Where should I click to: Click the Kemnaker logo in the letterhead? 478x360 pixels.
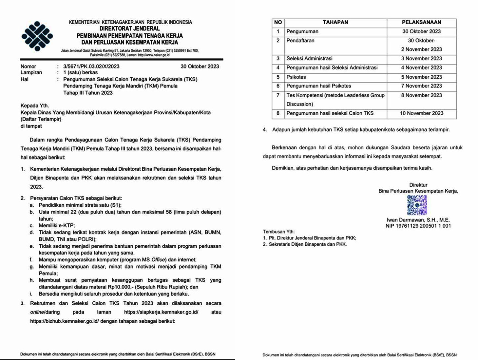pyautogui.click(x=37, y=36)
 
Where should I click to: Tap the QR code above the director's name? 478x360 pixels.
pyautogui.click(x=417, y=205)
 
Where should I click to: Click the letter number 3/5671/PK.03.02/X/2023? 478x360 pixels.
pyautogui.click(x=91, y=66)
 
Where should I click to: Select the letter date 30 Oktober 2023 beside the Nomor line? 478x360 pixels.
pyautogui.click(x=200, y=66)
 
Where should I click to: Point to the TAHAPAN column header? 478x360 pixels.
pyautogui.click(x=335, y=22)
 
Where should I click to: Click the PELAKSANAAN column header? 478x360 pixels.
pyautogui.click(x=421, y=22)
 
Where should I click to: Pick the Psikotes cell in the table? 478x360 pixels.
pyautogui.click(x=296, y=77)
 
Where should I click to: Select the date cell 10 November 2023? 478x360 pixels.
pyautogui.click(x=421, y=113)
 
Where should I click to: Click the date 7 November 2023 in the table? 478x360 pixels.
pyautogui.click(x=421, y=86)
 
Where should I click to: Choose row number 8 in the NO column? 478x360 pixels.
pyautogui.click(x=278, y=113)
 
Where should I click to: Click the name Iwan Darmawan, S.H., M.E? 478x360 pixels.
pyautogui.click(x=418, y=220)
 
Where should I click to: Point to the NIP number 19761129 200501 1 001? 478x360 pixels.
pyautogui.click(x=418, y=226)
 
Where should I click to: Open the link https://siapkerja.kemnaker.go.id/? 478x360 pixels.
pyautogui.click(x=161, y=312)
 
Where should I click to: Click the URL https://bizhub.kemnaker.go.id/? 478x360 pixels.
pyautogui.click(x=65, y=321)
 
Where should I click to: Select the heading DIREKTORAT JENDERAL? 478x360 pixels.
pyautogui.click(x=130, y=29)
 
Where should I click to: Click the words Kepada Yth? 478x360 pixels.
pyautogui.click(x=34, y=106)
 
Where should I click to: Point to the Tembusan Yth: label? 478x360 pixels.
pyautogui.click(x=278, y=232)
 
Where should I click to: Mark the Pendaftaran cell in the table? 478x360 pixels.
pyautogui.click(x=300, y=41)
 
